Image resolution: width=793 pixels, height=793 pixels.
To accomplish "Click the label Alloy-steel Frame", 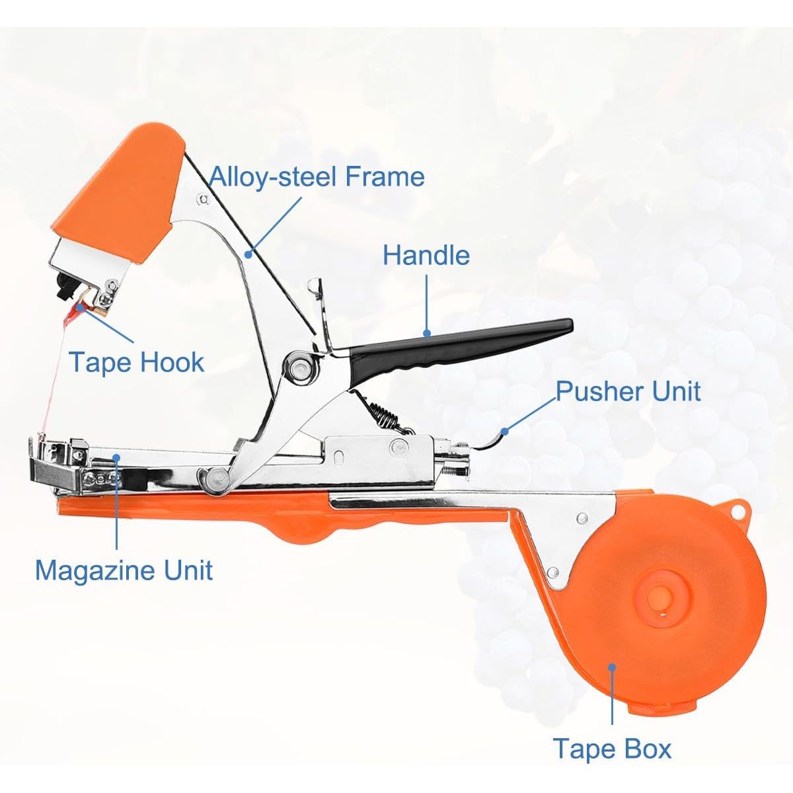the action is point(317,176).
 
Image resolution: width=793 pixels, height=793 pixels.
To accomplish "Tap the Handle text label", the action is point(426,255).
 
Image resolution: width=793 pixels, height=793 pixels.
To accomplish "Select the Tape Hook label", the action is point(137,362).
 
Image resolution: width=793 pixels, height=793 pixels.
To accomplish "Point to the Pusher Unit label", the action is point(628,391).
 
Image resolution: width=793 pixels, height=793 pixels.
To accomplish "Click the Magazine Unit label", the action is point(124,570).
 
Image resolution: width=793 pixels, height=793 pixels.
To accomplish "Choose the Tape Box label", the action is point(612,748).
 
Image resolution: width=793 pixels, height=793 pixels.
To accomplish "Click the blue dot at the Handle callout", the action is point(427,333).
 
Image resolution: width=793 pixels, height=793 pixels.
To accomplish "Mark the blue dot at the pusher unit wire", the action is point(504,431).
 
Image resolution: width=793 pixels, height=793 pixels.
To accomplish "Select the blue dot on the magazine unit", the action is point(117,457).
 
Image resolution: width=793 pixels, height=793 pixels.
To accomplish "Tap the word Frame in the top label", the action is point(385,176).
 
